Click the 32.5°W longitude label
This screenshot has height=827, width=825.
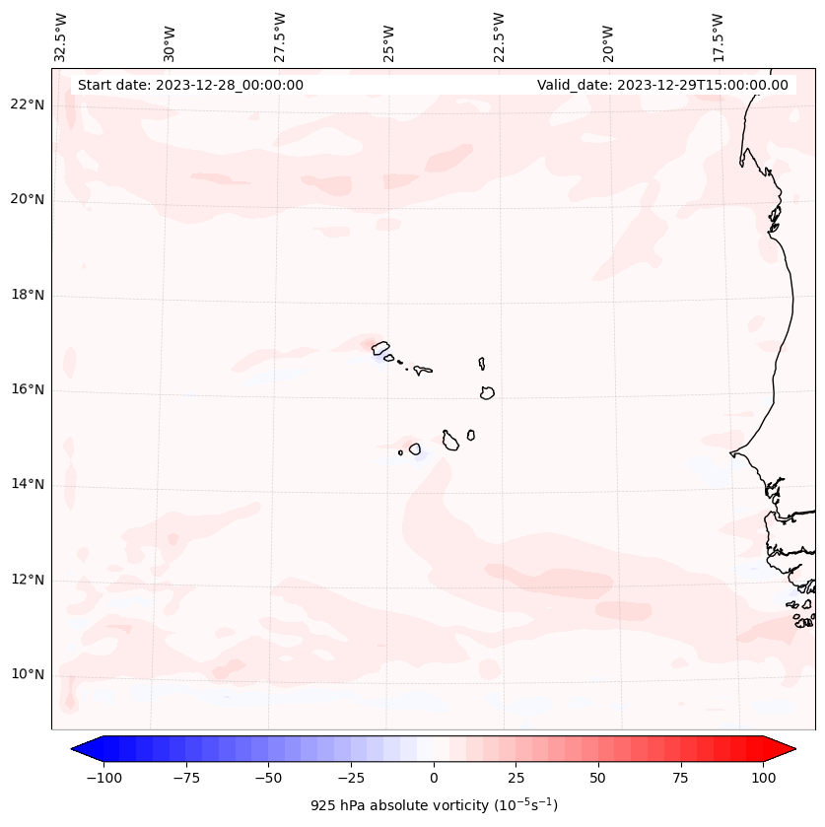[61, 37]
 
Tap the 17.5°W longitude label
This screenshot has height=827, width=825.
[718, 37]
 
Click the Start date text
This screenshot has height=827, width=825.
[190, 85]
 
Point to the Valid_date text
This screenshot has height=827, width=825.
[662, 85]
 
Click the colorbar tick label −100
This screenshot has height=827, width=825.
[103, 778]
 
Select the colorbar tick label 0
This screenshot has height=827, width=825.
[434, 778]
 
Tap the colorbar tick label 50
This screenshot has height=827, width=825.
[598, 778]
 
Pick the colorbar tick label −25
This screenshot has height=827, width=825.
[350, 778]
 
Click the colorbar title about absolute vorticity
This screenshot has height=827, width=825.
[434, 805]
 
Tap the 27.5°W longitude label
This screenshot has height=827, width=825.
[280, 37]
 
